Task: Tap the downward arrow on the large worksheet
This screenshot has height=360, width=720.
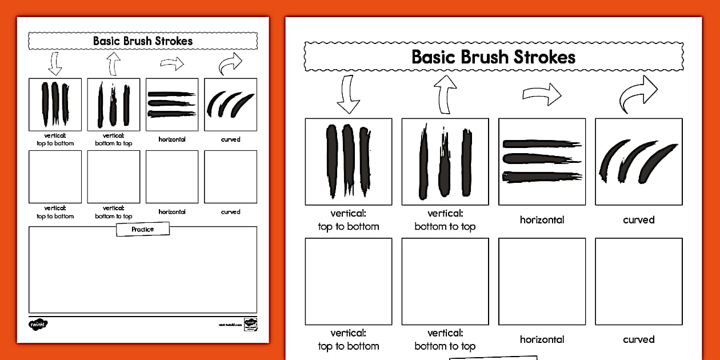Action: [x=348, y=94]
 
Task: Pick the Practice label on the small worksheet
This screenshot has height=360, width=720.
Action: [x=143, y=229]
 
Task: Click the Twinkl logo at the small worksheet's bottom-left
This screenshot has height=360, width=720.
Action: [x=38, y=324]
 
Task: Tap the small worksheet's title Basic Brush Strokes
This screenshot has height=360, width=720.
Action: [x=143, y=41]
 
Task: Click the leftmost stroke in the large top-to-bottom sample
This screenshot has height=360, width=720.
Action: [x=332, y=160]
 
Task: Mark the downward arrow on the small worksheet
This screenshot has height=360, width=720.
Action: [x=55, y=63]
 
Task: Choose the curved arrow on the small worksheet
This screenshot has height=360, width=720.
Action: [x=230, y=64]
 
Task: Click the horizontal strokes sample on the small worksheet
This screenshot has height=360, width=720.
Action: [x=172, y=105]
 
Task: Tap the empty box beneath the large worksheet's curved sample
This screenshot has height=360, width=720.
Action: [x=639, y=281]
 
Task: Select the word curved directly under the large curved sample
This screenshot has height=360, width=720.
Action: [x=639, y=220]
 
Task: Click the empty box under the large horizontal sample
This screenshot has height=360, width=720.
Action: [x=542, y=281]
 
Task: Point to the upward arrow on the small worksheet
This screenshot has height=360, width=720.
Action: [x=113, y=63]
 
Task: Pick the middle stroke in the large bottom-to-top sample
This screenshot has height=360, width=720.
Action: [x=445, y=166]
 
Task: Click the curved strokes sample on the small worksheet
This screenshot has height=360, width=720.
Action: [x=230, y=105]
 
